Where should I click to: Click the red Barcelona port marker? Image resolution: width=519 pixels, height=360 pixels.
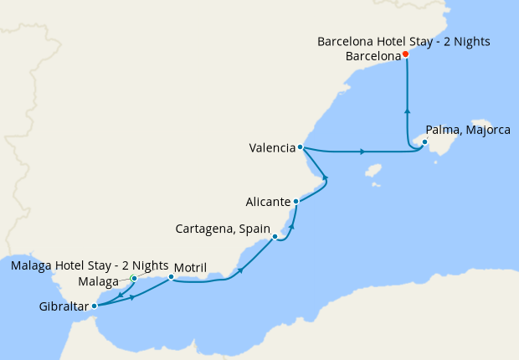pos(405,54)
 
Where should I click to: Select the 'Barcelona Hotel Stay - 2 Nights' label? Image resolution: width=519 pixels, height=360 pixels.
pos(403,41)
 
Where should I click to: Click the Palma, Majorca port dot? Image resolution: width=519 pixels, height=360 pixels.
pos(424,142)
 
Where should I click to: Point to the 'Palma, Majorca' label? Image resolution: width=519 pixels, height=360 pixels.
pos(467,130)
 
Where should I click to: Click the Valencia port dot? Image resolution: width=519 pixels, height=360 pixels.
pos(301,148)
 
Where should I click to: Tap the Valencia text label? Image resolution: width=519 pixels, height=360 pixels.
pos(272,148)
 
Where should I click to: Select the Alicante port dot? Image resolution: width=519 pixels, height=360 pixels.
pos(295,202)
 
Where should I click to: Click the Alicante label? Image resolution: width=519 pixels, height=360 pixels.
pos(268,202)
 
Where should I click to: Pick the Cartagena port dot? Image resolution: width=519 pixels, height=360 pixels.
pos(275,237)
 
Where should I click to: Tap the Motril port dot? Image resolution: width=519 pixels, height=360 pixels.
pos(171,277)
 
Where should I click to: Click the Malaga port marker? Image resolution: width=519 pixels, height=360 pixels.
pos(134,279)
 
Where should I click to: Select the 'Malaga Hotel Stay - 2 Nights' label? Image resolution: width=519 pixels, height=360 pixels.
pos(90,265)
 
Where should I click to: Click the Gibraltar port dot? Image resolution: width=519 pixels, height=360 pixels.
pos(94,306)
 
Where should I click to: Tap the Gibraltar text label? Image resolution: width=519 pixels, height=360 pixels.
pos(64,306)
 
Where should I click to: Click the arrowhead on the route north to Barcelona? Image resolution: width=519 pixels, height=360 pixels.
pos(407,110)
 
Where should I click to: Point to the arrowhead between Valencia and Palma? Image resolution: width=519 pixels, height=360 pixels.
pos(362,152)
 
